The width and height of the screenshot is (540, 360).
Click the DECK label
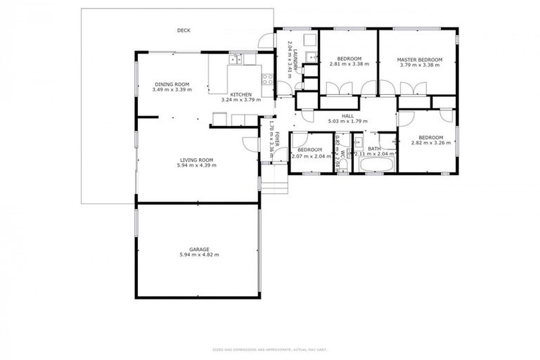[184, 30]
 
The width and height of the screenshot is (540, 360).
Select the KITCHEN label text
[240, 94]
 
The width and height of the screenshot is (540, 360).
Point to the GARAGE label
[198, 249]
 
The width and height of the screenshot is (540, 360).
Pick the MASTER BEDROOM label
[419, 59]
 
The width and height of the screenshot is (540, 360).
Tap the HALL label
[347, 116]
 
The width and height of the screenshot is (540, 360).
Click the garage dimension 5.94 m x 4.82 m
[198, 255]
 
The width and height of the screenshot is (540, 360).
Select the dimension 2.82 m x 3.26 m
[430, 143]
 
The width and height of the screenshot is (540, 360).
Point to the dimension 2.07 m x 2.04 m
[309, 155]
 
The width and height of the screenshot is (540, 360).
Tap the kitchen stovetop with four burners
[267, 77]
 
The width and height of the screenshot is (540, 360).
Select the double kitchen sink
[236, 60]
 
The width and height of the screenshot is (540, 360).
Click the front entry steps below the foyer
[276, 185]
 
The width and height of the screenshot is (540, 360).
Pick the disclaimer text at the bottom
[270, 349]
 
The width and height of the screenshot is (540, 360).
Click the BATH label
[374, 148]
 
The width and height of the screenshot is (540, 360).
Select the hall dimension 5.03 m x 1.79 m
[347, 122]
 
